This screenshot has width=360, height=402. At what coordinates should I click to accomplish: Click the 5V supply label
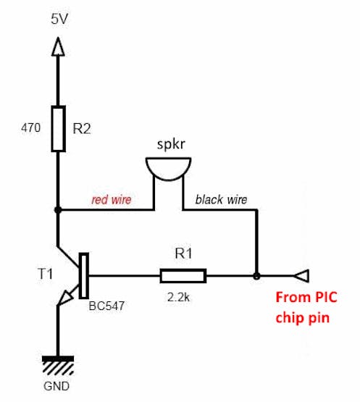pyautogui.click(x=59, y=20)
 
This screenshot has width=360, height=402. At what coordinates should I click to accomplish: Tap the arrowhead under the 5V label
pyautogui.click(x=58, y=46)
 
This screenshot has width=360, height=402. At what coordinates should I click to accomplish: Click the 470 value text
pyautogui.click(x=30, y=127)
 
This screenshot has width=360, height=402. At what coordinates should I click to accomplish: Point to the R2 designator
pyautogui.click(x=82, y=128)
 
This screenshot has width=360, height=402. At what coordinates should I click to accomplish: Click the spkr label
pyautogui.click(x=171, y=144)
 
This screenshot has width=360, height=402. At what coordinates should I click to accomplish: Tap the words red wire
pyautogui.click(x=112, y=199)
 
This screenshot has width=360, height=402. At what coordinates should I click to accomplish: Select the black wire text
pyautogui.click(x=221, y=199)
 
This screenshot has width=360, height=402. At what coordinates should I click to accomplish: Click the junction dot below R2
pyautogui.click(x=58, y=210)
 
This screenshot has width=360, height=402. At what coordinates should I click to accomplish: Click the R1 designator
pyautogui.click(x=183, y=254)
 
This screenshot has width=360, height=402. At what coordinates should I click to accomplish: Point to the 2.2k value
pyautogui.click(x=179, y=298)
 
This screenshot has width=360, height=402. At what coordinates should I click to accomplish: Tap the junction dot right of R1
pyautogui.click(x=256, y=276)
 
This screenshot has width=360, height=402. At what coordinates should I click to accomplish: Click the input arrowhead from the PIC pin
pyautogui.click(x=301, y=276)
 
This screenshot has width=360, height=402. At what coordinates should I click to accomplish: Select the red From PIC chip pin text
pyautogui.click(x=306, y=307)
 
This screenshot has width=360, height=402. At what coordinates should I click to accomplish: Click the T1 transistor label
pyautogui.click(x=45, y=274)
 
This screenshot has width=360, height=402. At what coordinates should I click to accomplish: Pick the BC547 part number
pyautogui.click(x=106, y=306)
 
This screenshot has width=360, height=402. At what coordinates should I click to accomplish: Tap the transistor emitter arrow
pyautogui.click(x=65, y=298)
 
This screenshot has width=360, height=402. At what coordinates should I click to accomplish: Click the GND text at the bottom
pyautogui.click(x=56, y=386)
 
